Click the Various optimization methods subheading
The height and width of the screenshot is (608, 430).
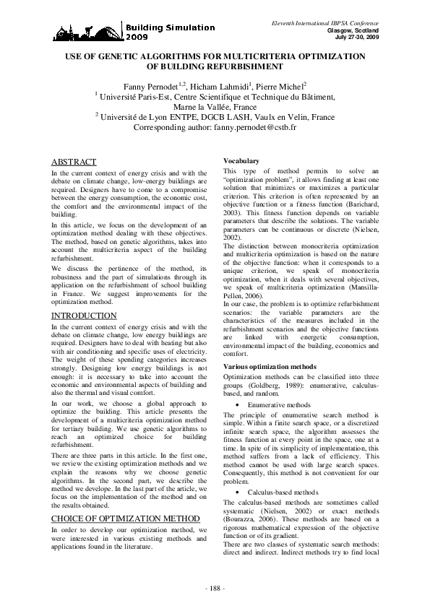click(271, 368)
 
